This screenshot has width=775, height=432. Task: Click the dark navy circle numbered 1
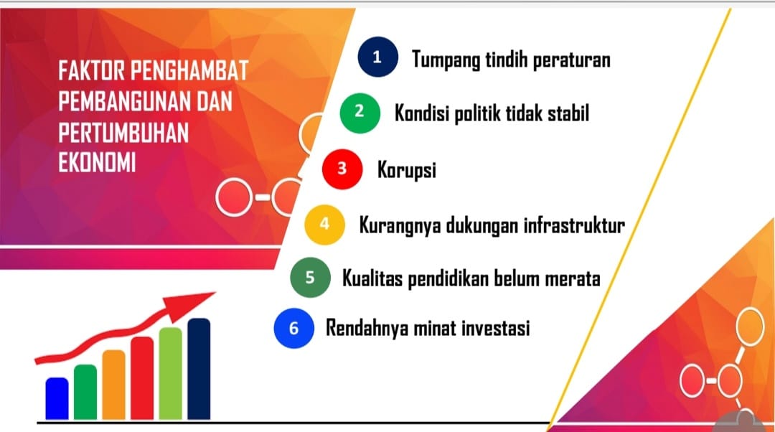pos(378,57)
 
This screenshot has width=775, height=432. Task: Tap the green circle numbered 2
pos(360,113)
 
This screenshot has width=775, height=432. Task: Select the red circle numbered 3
pos(342,169)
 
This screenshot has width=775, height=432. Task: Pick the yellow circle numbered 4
pos(325,225)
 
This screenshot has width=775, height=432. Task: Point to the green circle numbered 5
pos(311,277)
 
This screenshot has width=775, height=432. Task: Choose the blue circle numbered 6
pos(294,328)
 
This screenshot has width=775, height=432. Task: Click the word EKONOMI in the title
pos(98,163)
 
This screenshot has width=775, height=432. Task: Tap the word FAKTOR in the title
pos(92,70)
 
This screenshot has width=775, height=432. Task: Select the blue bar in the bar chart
pos(57,399)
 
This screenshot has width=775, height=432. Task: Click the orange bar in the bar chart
pos(113,385)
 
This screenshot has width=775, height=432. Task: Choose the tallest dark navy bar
pos(199,370)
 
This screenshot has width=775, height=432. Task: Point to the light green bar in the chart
pos(171,374)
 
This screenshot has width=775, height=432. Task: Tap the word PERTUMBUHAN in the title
pos(123,133)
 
